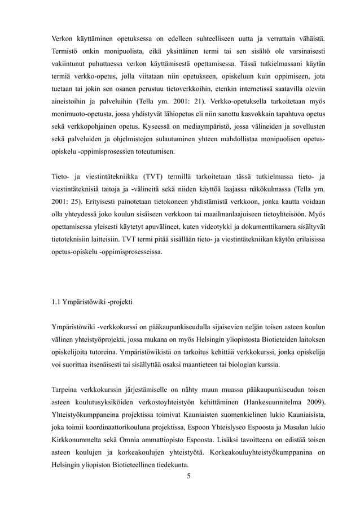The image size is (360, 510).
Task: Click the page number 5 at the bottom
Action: (x=188, y=475)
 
